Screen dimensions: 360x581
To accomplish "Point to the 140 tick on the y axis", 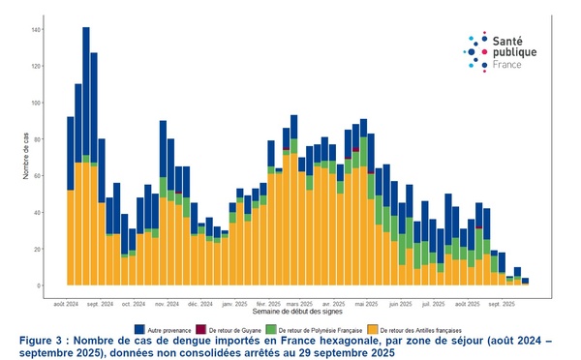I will [37, 30].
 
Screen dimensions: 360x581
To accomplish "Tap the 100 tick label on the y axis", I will [37, 103].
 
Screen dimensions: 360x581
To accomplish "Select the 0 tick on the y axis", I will [40, 285].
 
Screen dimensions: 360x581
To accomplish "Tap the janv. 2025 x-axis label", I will [233, 303].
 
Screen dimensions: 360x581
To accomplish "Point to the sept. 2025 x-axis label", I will [502, 303].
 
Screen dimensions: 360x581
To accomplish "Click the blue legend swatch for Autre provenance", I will [139, 329].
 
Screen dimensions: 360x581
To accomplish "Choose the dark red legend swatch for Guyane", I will [201, 329].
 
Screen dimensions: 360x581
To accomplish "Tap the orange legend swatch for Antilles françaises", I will [373, 329].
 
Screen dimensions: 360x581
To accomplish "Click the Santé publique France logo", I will [501, 51].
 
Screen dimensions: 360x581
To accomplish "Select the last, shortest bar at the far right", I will [525, 282].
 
